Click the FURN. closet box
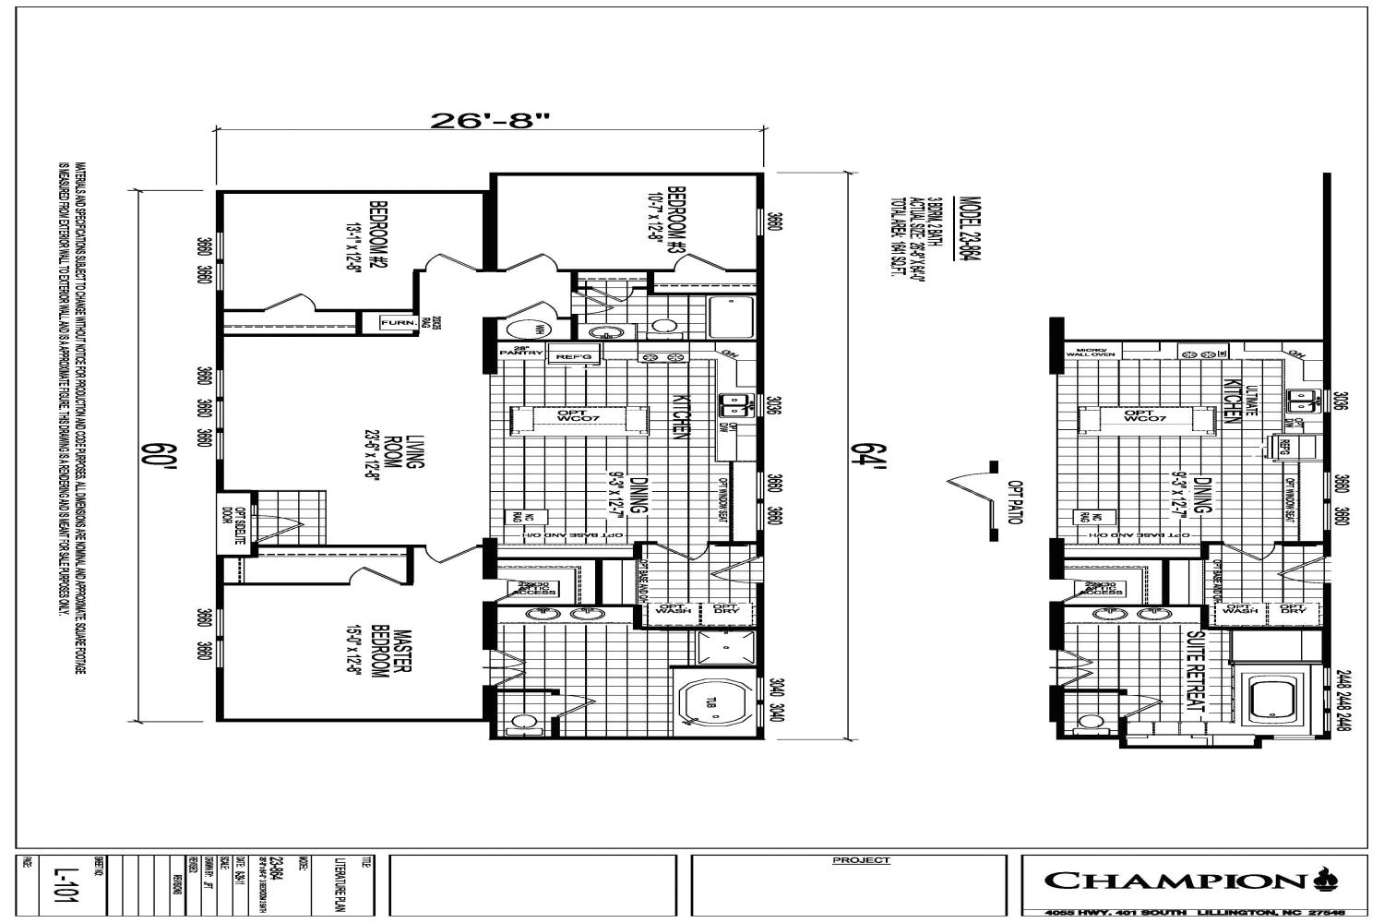(x=397, y=322)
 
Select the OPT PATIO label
(x=1015, y=503)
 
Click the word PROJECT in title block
(x=861, y=860)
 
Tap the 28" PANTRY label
(x=513, y=352)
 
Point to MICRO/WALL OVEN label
(x=1092, y=352)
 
